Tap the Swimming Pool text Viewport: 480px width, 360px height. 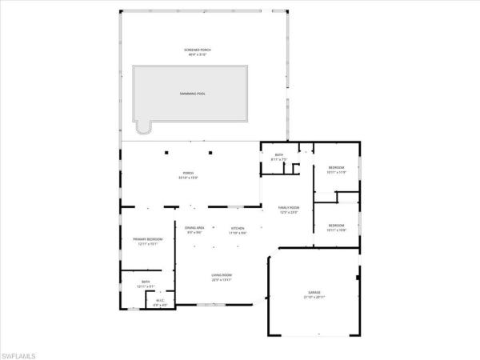point(192,94)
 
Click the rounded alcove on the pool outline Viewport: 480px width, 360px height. point(143,128)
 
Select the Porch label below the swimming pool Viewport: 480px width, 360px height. point(189,173)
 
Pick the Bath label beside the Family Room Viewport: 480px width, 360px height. point(279,154)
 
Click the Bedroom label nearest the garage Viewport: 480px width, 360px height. point(337,226)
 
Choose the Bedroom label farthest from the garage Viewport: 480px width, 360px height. point(336,167)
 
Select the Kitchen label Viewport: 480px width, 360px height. point(238,228)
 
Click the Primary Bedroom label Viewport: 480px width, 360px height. point(148,239)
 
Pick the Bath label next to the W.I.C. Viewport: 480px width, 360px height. point(146,282)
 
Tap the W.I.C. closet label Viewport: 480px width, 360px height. point(160,301)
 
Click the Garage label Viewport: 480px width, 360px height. point(314,293)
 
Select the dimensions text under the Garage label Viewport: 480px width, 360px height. point(314,298)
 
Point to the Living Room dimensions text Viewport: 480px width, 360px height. point(222,279)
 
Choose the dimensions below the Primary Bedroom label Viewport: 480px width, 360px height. point(148,244)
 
